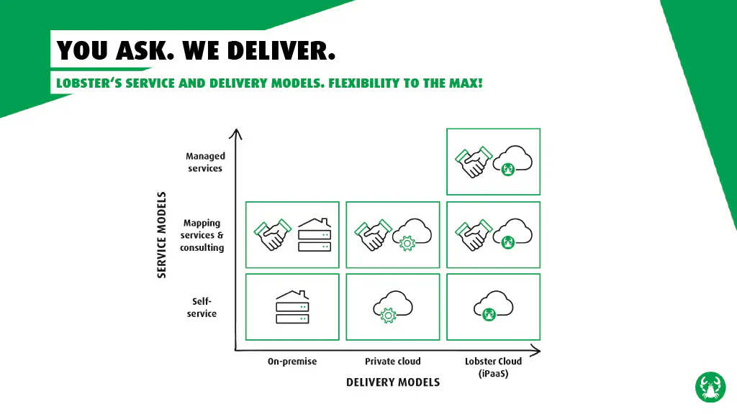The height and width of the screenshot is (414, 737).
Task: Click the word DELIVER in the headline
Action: [x=281, y=50]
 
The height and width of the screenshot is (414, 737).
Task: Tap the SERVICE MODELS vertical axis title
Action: [x=162, y=235]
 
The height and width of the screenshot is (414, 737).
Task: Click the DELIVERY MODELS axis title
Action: [x=393, y=382]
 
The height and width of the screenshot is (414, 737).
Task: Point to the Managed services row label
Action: [x=205, y=162]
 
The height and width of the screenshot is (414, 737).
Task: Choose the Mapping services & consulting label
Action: [x=202, y=235]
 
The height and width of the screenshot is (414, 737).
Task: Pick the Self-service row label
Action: [x=202, y=308]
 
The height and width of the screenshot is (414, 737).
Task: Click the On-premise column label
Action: [x=292, y=362]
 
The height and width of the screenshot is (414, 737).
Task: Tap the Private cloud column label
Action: [x=393, y=362]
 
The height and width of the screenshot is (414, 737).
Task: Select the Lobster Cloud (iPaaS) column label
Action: [x=494, y=367]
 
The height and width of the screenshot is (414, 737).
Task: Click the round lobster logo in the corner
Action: [x=710, y=387]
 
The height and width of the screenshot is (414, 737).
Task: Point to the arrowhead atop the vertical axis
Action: [x=236, y=134]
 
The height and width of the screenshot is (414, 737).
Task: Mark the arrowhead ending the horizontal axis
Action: [x=535, y=350]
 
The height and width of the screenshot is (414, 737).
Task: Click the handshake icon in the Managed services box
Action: [x=474, y=162]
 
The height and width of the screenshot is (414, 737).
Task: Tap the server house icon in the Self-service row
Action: [x=292, y=307]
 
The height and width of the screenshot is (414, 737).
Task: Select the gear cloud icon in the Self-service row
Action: [x=393, y=307]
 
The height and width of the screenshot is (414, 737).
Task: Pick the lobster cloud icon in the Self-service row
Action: [x=494, y=306]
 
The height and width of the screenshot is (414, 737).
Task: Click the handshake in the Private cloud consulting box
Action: [x=374, y=235]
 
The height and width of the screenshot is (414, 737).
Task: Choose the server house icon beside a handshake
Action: [x=315, y=235]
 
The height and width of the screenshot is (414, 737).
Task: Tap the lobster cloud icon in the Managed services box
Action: [x=512, y=160]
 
